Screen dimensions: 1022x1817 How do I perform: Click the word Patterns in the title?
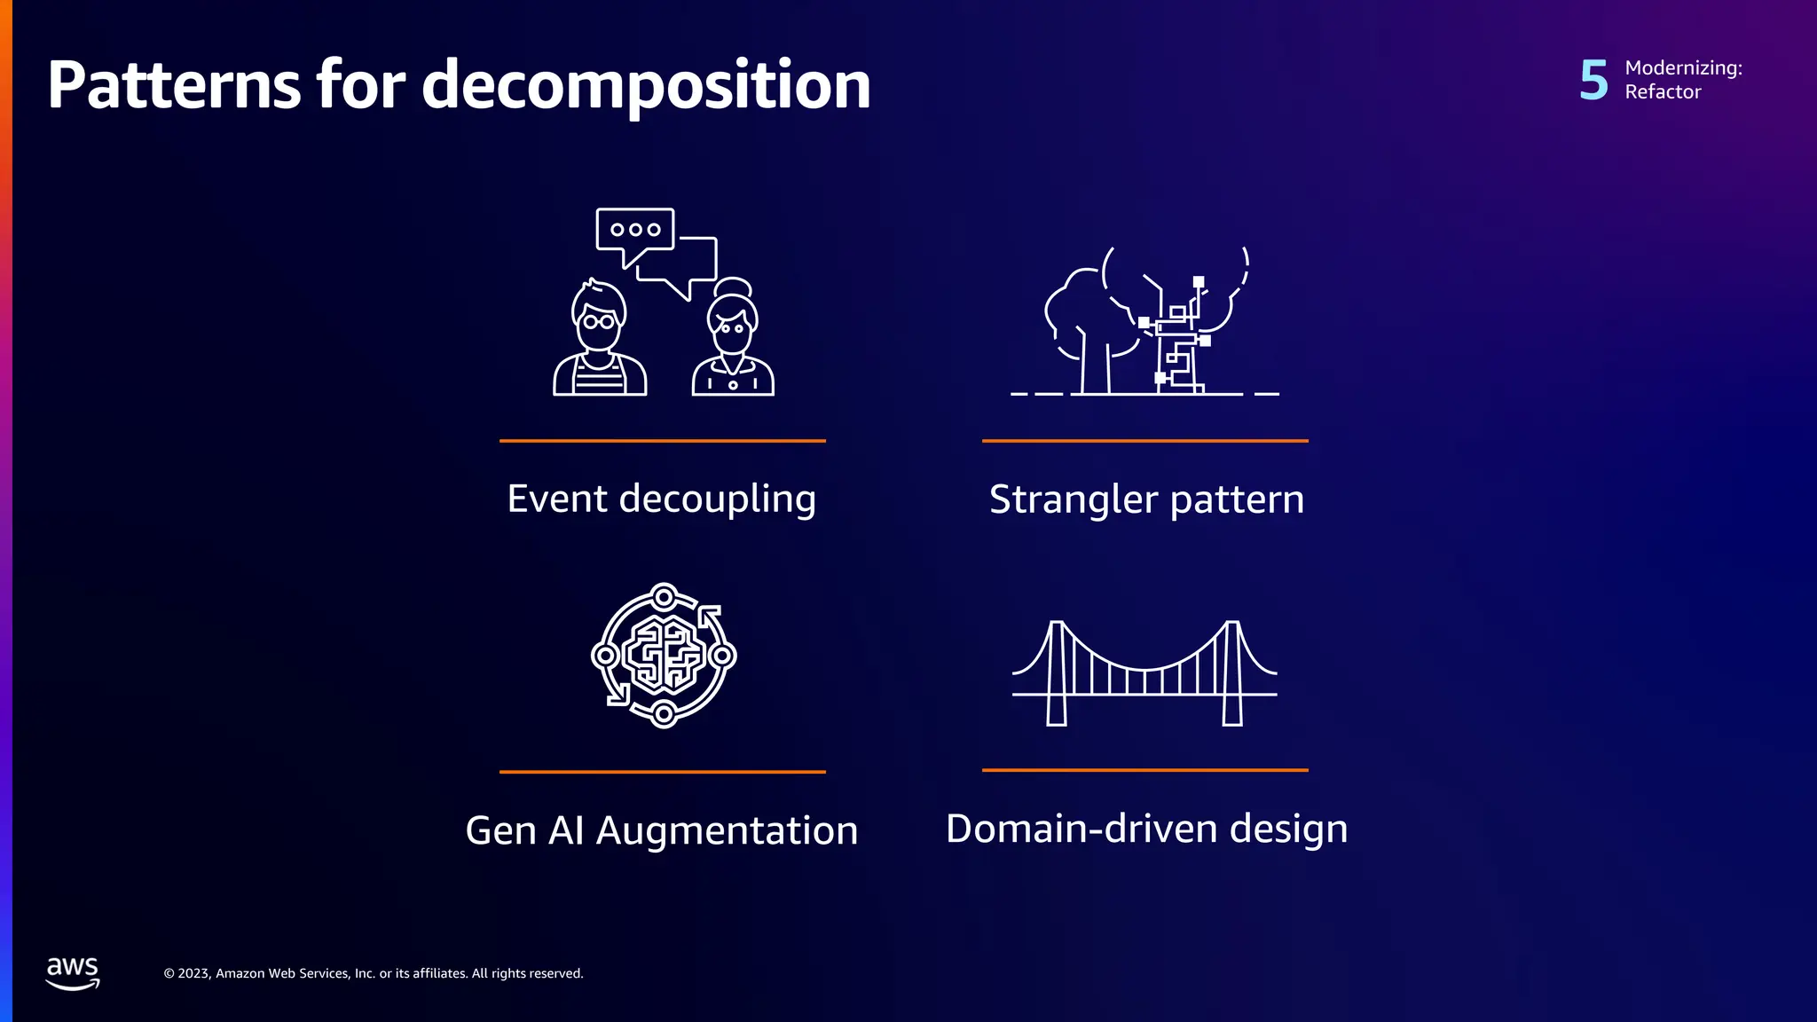click(174, 85)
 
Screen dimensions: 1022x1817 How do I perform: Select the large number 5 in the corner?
click(1593, 80)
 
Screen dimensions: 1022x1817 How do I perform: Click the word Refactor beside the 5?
click(1663, 92)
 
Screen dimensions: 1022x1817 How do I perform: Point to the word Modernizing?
click(1682, 67)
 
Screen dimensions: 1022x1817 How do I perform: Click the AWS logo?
click(73, 972)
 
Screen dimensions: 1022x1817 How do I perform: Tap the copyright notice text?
click(373, 973)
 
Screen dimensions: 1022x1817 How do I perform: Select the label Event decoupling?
click(661, 499)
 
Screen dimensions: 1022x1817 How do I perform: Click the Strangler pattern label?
click(1146, 499)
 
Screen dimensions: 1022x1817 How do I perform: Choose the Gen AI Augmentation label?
click(661, 830)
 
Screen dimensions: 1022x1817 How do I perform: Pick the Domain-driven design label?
click(1146, 829)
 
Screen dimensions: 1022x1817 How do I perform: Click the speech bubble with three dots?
click(634, 231)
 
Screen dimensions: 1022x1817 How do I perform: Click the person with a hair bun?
click(733, 340)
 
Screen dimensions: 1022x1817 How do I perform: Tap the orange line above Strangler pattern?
click(1144, 440)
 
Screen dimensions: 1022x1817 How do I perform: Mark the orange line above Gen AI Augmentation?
click(662, 772)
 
